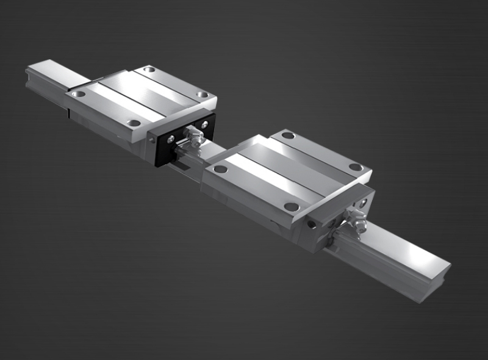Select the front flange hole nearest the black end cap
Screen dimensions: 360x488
point(134,123)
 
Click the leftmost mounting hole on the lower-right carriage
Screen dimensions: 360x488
point(220,169)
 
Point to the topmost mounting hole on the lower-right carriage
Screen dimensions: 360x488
point(287,135)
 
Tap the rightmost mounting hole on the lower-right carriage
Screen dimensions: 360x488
point(355,167)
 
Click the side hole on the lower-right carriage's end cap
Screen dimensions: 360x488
point(312,224)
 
